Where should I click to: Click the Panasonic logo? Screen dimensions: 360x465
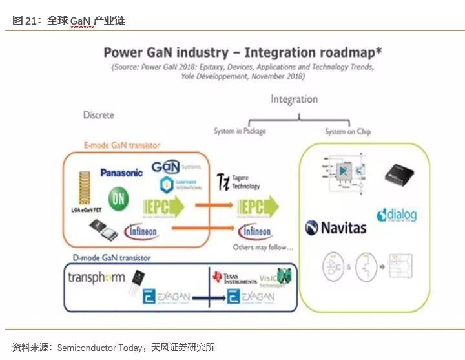pos(121,173)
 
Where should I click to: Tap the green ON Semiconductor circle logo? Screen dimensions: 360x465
pos(118,198)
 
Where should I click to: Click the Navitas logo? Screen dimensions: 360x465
pos(335,228)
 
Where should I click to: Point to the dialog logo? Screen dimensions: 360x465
pos(397,215)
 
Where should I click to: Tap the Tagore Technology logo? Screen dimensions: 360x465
pos(238,182)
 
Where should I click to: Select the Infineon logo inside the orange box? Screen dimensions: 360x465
pos(141,229)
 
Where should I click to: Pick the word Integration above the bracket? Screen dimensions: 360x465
pos(294,100)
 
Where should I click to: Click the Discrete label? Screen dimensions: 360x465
pos(98,115)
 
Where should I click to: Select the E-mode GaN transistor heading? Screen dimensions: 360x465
pos(122,145)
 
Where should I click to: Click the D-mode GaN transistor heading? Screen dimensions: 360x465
pos(112,258)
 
